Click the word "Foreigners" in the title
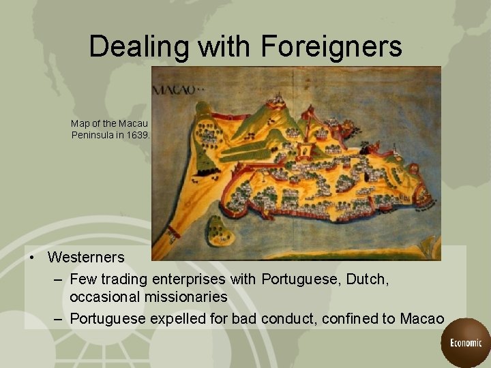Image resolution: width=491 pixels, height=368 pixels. point(331,46)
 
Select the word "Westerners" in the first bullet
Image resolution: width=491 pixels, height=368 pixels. point(86,258)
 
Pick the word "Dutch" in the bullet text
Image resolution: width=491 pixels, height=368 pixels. point(369,279)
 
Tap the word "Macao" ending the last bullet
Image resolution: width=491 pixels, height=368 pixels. point(421,318)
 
